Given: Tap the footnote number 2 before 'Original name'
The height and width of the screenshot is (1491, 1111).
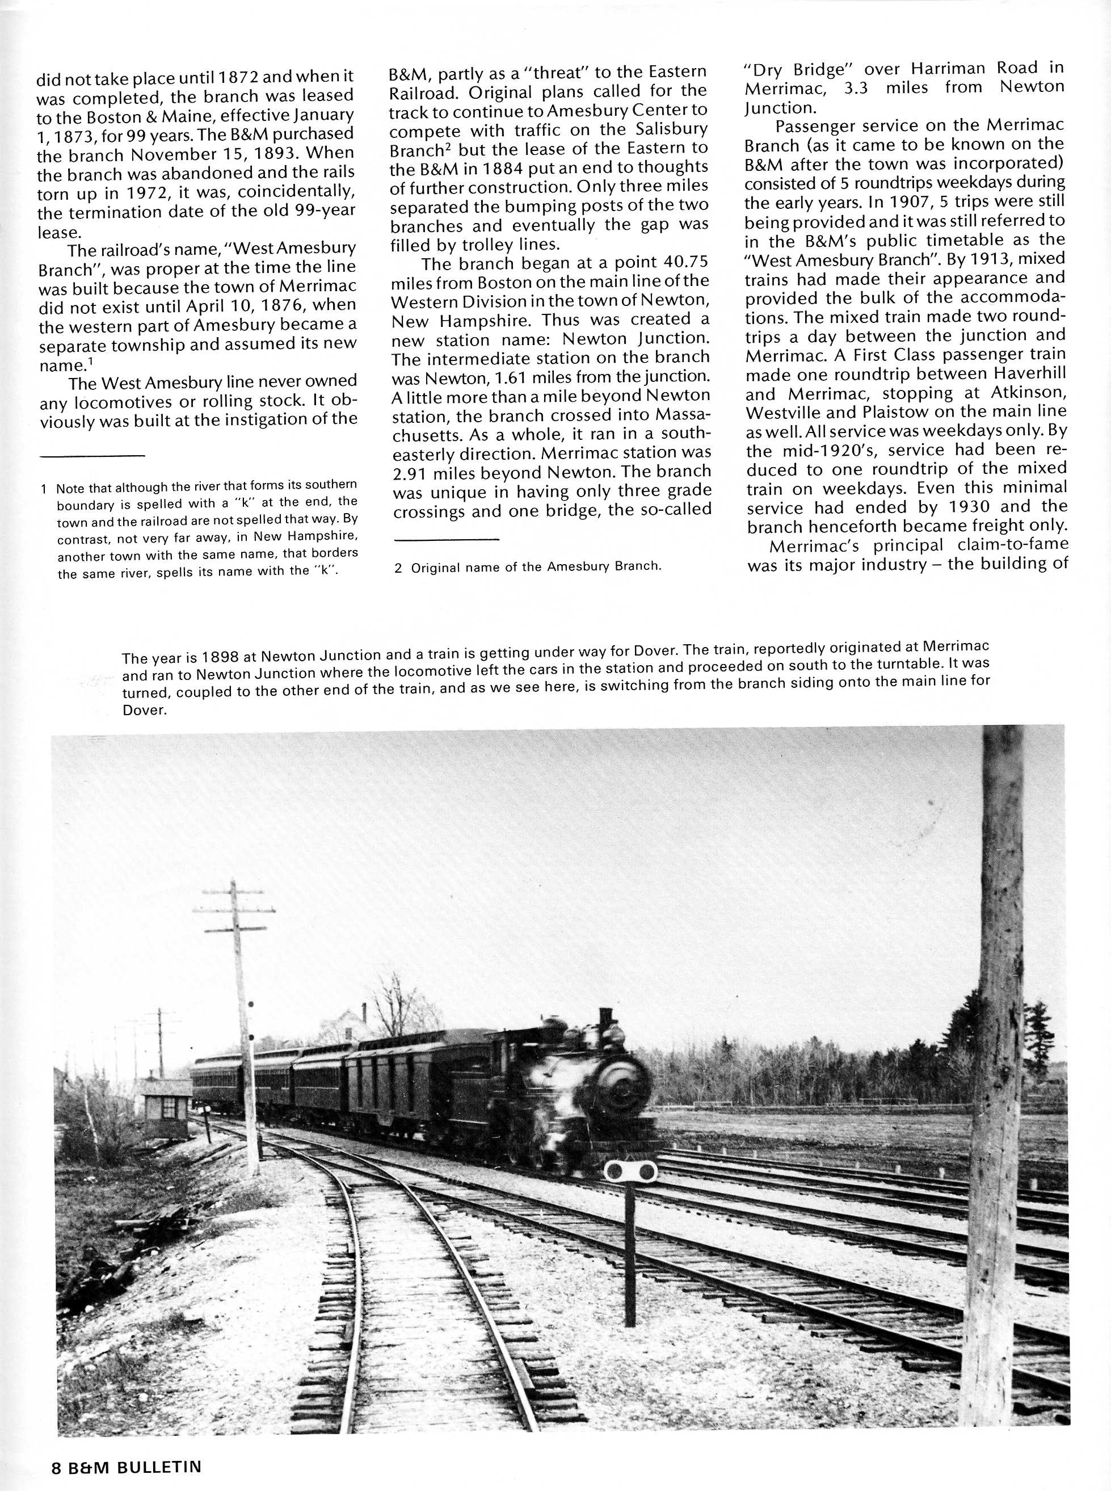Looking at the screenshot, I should coord(398,568).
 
